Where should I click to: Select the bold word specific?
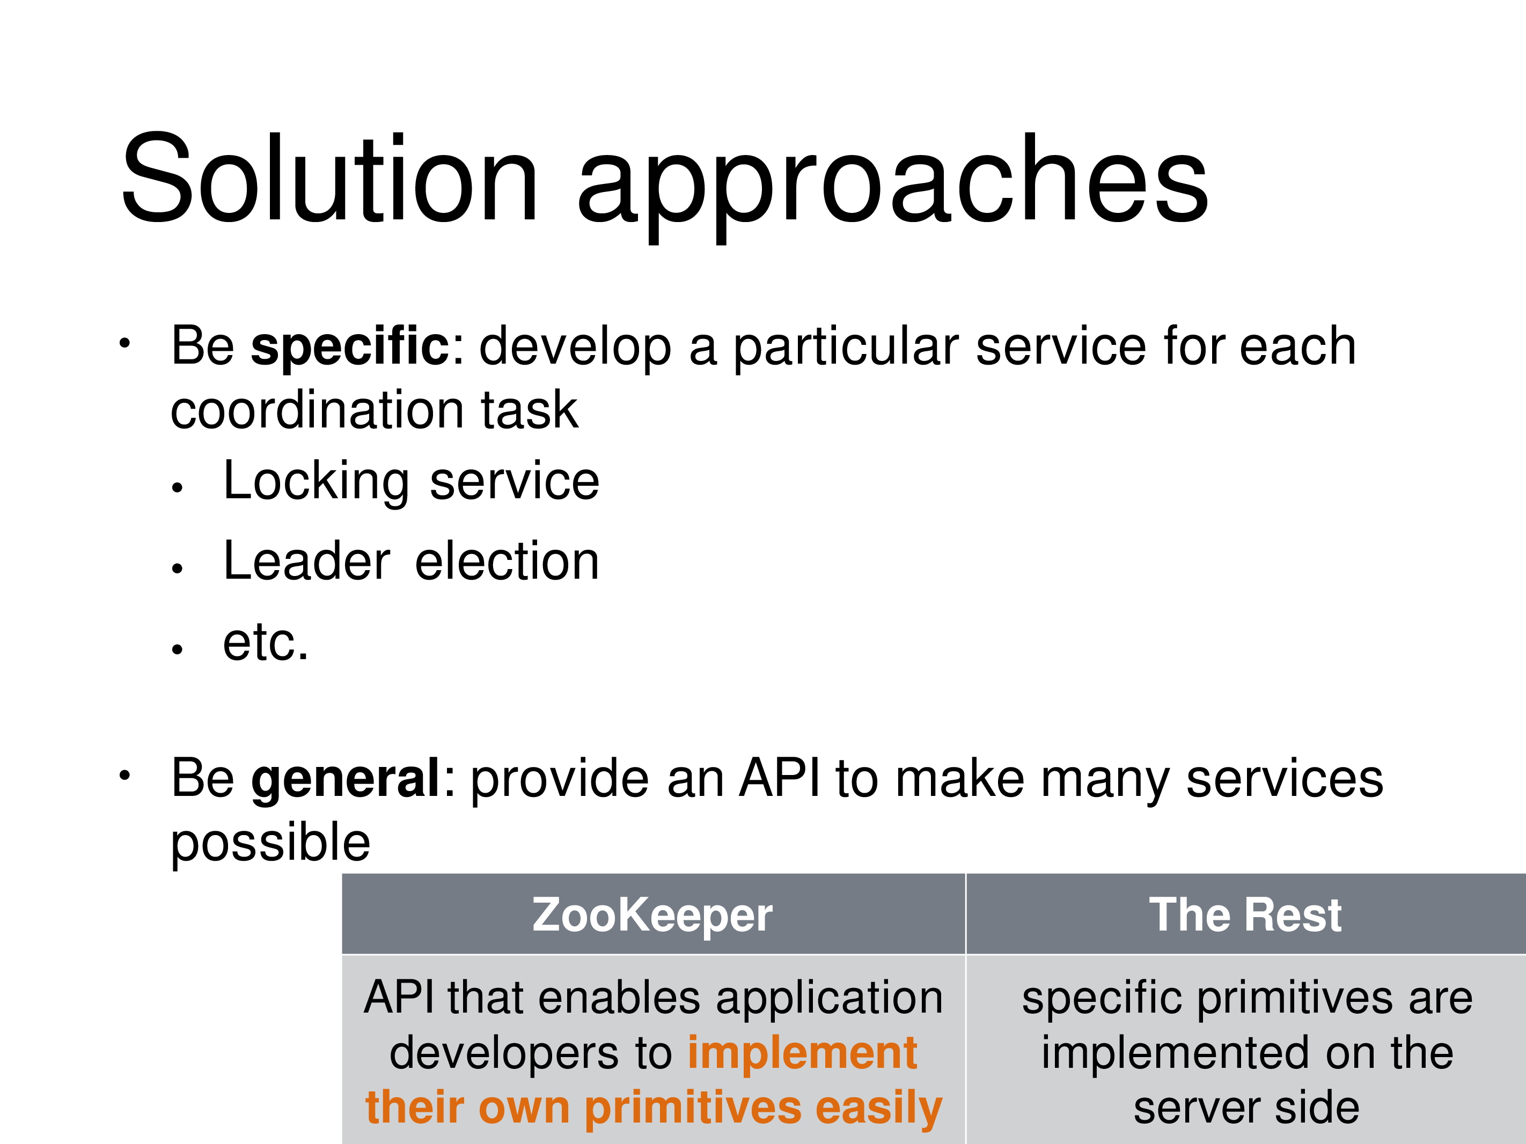point(350,347)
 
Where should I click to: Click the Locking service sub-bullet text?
point(411,482)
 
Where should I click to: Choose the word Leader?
point(307,562)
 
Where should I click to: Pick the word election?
point(507,562)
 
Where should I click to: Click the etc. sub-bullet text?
point(266,643)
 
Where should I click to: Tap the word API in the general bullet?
point(780,779)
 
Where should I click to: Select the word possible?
point(270,843)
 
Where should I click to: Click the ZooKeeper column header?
point(652,915)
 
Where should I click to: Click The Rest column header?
point(1245,915)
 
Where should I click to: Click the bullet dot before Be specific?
point(124,343)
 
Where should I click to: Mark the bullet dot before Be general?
point(124,776)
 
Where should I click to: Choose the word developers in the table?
point(504,1054)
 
